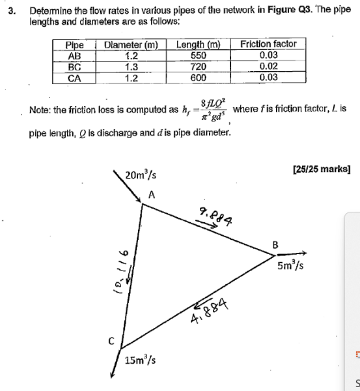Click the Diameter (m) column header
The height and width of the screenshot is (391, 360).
tap(132, 44)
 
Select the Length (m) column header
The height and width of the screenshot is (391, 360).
tap(198, 44)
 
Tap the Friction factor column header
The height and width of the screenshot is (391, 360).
tap(268, 44)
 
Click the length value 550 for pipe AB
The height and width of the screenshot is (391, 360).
tap(198, 56)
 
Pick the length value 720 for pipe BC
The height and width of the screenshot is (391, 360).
tap(198, 66)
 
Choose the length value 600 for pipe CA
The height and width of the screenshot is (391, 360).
tap(198, 78)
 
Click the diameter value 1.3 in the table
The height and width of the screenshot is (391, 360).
tap(132, 66)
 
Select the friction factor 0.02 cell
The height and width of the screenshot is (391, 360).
tap(268, 66)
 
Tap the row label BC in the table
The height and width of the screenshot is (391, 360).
tap(74, 66)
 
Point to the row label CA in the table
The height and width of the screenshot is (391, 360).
tap(74, 78)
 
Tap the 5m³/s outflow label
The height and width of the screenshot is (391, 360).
tap(291, 266)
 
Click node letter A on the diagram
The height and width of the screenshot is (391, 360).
tap(152, 194)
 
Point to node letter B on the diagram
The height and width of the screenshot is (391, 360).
tap(275, 245)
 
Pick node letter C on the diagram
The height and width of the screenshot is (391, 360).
tap(111, 340)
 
